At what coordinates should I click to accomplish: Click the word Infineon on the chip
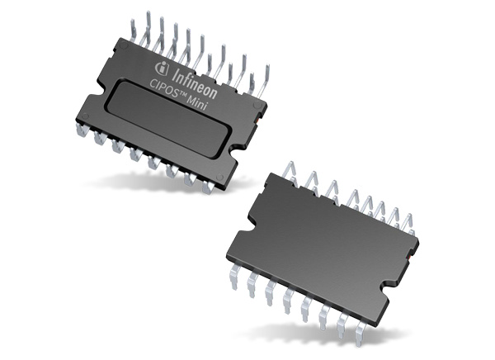point(203,75)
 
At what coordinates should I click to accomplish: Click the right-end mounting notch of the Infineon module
point(238,153)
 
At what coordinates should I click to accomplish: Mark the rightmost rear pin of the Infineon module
point(261,86)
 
